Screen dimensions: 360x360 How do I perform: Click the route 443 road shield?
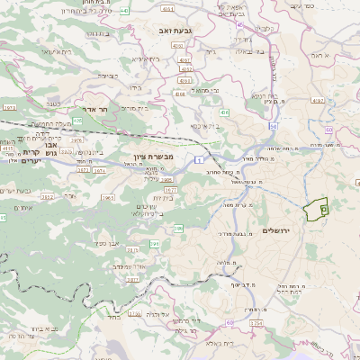[124, 11]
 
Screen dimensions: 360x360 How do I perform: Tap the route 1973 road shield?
[10, 107]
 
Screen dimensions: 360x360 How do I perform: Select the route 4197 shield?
[317, 101]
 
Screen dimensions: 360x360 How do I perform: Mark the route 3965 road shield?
[109, 197]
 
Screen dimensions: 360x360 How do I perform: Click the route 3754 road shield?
[256, 323]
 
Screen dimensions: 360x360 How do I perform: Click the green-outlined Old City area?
[316, 210]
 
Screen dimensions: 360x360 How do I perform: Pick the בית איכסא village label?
[205, 125]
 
